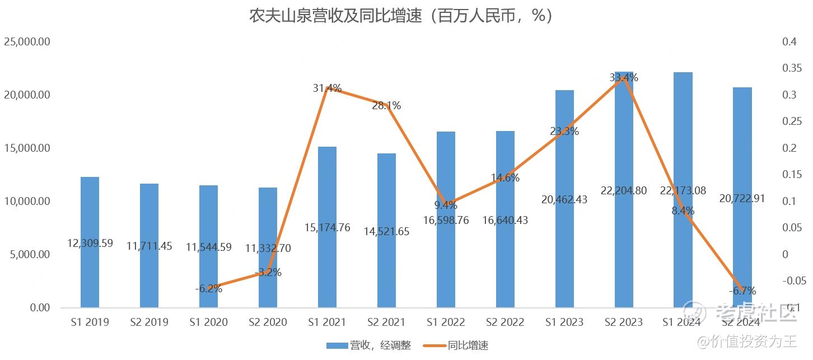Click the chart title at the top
tap(401, 16)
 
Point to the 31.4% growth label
tap(327, 88)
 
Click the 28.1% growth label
tap(386, 106)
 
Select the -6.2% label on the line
tap(209, 289)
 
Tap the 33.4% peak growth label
tap(624, 78)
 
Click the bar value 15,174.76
tap(327, 227)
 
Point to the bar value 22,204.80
tap(624, 191)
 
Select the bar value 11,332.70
tap(268, 248)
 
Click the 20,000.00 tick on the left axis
tap(27, 95)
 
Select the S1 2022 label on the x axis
tap(446, 322)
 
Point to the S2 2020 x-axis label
tap(268, 322)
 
